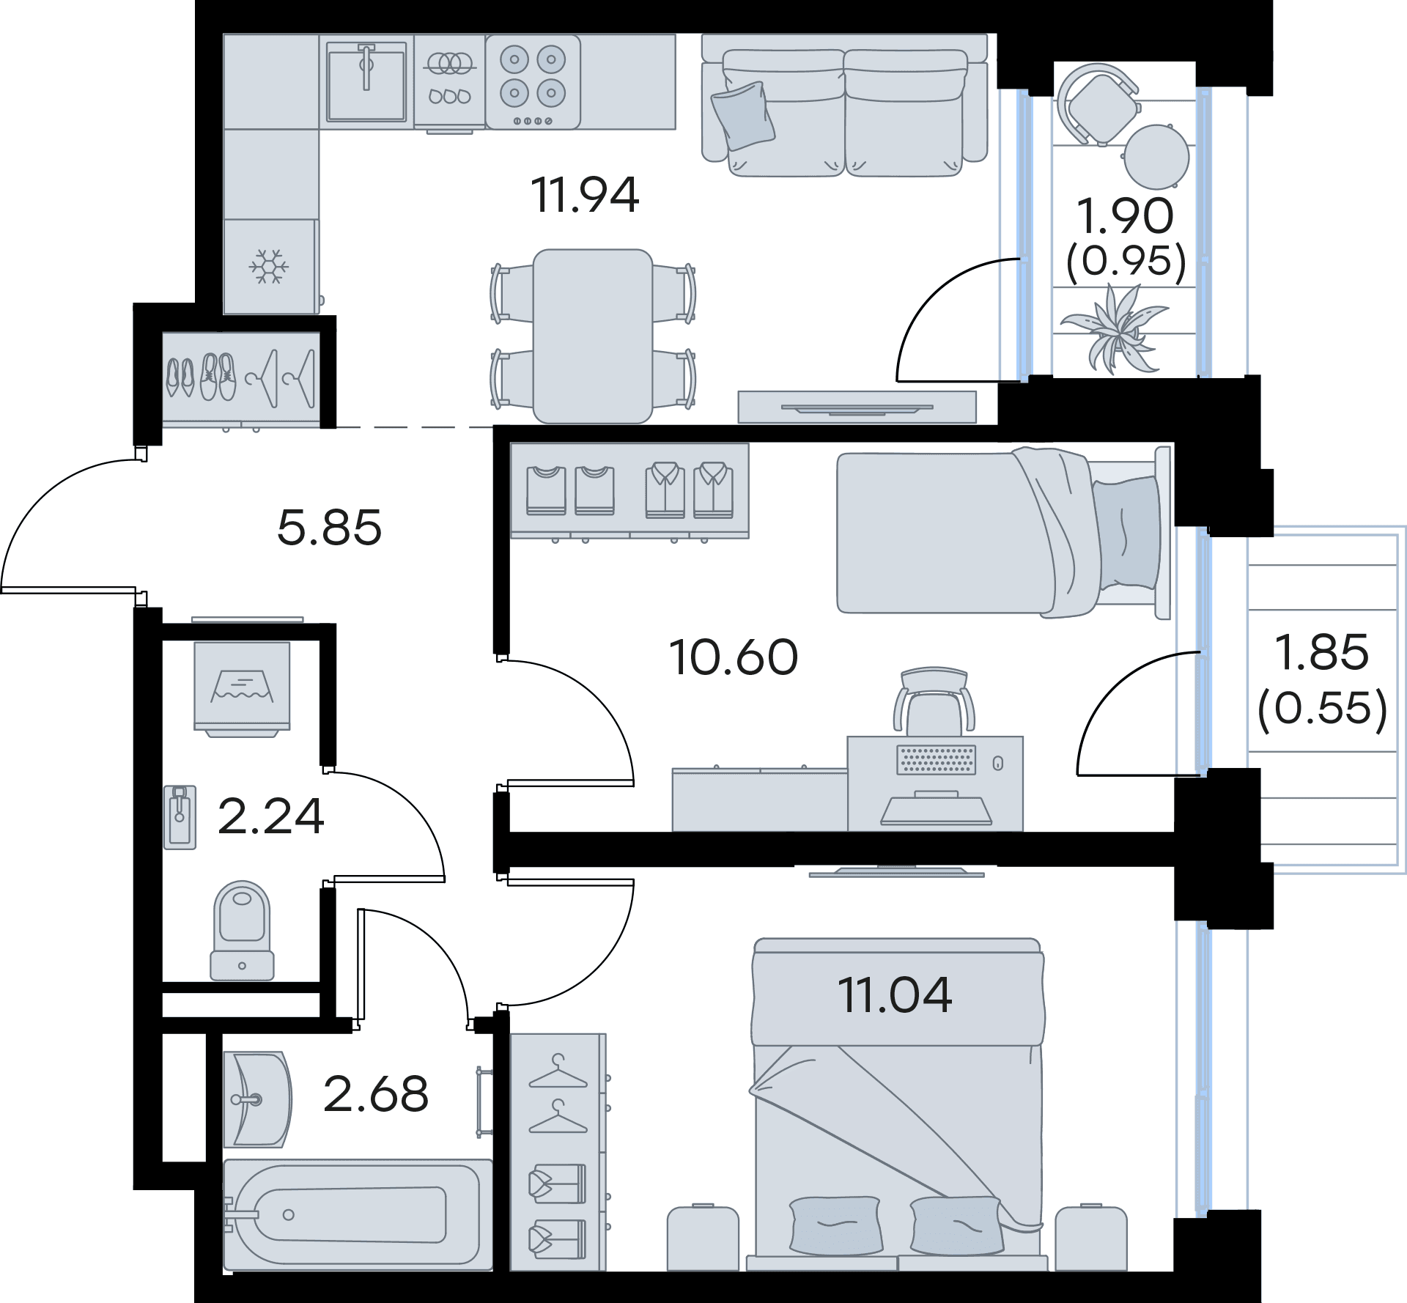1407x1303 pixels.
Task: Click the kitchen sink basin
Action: [366, 81]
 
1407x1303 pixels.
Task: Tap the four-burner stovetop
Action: [533, 82]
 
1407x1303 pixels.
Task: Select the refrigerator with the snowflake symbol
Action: [271, 267]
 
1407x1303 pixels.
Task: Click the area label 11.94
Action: [586, 196]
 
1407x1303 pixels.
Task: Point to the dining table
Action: [593, 336]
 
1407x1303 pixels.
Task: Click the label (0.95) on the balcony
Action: [1126, 260]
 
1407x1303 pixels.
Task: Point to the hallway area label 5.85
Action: [330, 528]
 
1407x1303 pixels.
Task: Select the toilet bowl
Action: [242, 931]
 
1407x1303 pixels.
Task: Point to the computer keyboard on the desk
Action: [937, 760]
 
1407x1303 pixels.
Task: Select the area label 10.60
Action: [734, 657]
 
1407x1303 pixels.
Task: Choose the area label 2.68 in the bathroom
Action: [376, 1094]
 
